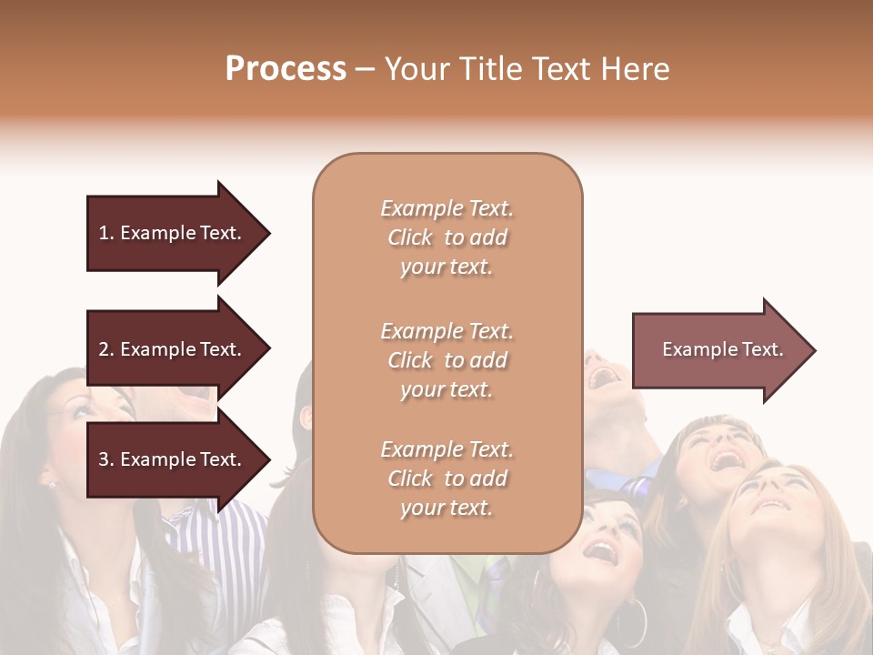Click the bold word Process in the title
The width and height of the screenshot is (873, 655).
286,69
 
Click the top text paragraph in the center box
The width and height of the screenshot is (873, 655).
447,237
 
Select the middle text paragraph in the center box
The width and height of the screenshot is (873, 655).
447,360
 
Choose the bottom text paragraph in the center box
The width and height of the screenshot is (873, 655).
447,479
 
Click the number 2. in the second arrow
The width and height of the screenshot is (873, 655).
106,349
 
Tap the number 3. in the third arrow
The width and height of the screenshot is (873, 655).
106,459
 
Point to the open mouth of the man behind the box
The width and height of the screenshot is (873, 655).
601,374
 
